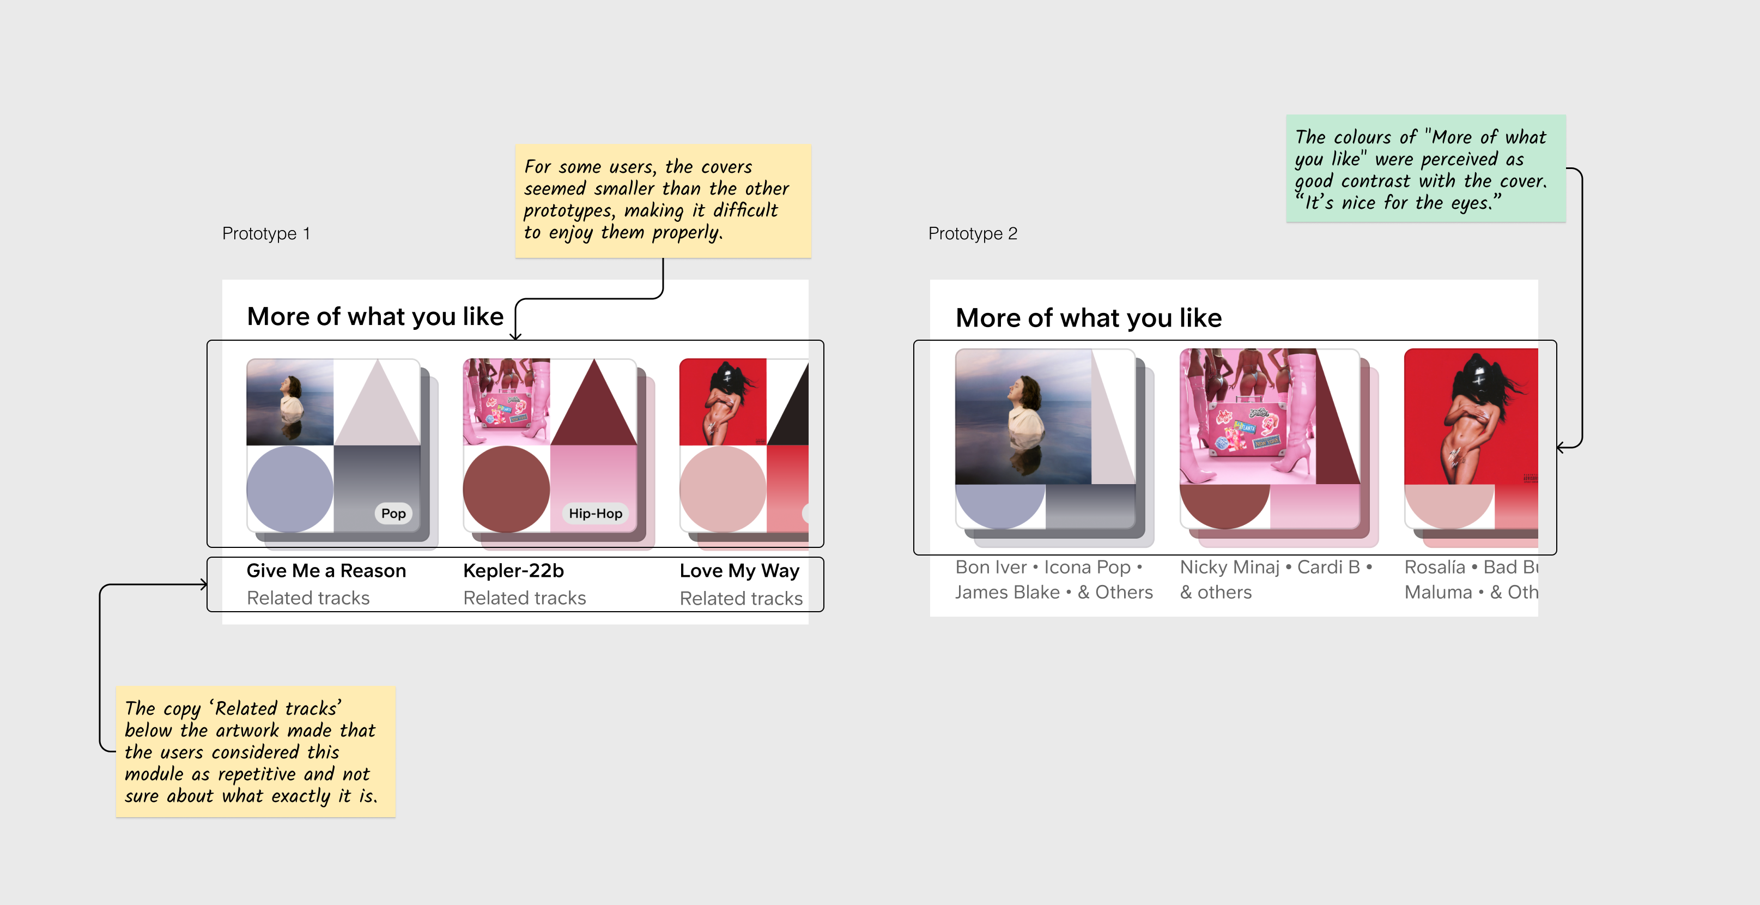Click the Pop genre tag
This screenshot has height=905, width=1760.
393,514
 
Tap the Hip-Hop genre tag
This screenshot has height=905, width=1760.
595,514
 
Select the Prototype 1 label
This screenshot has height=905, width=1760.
266,234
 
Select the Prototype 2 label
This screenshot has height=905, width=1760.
972,234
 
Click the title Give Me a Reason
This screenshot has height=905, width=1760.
326,571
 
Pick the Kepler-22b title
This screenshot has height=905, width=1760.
513,571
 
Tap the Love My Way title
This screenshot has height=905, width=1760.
739,571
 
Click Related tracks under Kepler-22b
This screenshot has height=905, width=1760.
524,598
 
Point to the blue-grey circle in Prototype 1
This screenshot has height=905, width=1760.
290,488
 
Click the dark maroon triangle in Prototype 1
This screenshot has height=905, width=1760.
594,410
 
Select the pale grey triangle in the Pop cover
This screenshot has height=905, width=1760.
377,410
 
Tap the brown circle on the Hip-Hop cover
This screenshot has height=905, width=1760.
506,488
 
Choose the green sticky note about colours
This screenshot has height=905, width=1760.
1425,168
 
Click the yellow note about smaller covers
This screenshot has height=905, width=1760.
663,201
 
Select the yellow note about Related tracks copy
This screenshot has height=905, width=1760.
256,751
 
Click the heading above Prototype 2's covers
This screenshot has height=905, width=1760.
1088,318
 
